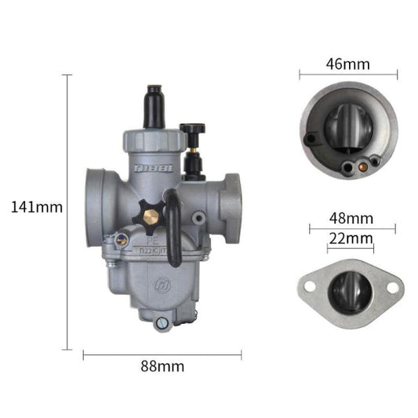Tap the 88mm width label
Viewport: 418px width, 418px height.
point(163,366)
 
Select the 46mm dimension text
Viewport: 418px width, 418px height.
point(349,64)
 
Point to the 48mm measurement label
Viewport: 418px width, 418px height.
point(351,217)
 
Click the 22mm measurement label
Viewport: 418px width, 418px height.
point(350,237)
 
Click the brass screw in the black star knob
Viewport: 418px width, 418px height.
point(151,213)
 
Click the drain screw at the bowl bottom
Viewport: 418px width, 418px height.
point(162,322)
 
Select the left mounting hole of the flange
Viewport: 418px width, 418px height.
point(307,285)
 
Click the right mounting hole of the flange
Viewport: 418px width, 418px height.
point(392,288)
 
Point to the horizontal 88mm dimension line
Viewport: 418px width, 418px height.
point(162,354)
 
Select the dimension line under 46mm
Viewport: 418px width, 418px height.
point(349,75)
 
